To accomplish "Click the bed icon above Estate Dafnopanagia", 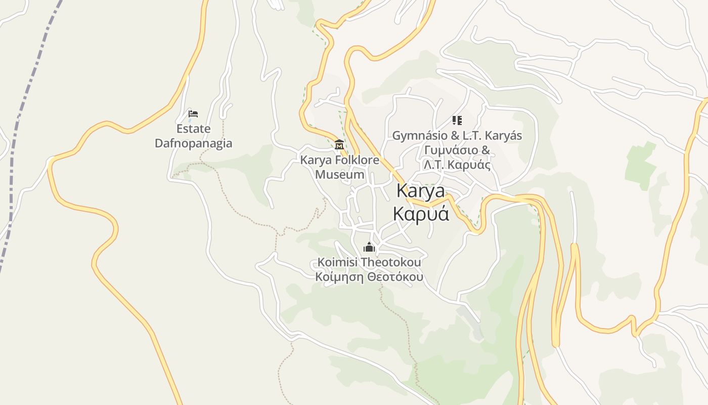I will tap(193, 113).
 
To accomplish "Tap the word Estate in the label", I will tap(193, 129).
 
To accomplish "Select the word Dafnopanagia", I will tap(193, 143).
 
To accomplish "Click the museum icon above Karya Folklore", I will tap(339, 145).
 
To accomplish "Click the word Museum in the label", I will tap(339, 175).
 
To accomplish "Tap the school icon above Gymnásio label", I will tap(457, 120).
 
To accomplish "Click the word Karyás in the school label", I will tap(504, 136).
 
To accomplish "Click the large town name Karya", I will tap(421, 191).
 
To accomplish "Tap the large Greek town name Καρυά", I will tap(421, 214).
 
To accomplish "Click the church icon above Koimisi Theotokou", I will tap(369, 248).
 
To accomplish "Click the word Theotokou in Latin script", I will tap(391, 262).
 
